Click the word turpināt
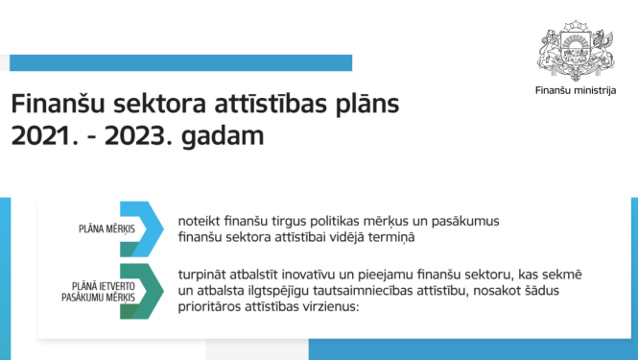[203, 275]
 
